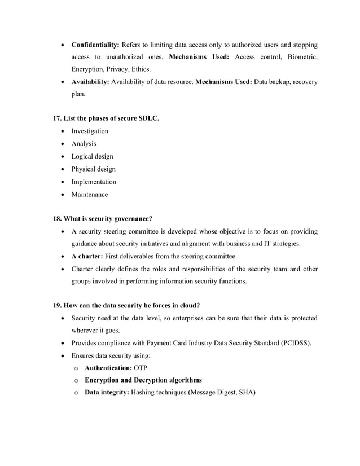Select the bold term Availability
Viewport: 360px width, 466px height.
click(x=90, y=82)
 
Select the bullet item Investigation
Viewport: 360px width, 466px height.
click(x=90, y=131)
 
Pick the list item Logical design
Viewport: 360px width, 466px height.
click(x=92, y=156)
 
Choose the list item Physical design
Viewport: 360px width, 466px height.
click(x=93, y=169)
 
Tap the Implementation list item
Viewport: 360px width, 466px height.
click(x=94, y=182)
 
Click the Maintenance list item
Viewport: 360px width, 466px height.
click(x=89, y=195)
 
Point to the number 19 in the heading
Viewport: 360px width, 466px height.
click(x=57, y=306)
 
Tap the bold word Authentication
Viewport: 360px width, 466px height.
click(x=108, y=368)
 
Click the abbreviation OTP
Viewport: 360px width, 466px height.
click(x=141, y=368)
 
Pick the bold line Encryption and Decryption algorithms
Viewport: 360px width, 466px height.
click(x=143, y=380)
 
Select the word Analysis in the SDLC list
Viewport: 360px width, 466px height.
click(x=84, y=144)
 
